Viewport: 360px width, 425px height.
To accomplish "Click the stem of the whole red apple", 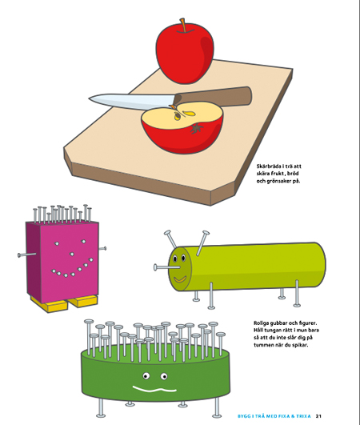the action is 183,25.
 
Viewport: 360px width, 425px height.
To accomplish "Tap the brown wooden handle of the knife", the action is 214,97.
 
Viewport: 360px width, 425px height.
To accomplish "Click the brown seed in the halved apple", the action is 178,116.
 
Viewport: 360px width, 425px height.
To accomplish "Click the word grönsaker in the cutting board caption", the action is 278,181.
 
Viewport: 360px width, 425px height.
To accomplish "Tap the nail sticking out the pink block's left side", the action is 27,255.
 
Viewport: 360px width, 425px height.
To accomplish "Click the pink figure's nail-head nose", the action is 72,254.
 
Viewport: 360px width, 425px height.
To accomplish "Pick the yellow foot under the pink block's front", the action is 58,305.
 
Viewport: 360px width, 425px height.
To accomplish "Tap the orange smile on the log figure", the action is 179,279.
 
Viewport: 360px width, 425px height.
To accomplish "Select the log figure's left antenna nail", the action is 170,239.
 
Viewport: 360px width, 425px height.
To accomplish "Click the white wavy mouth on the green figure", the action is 154,390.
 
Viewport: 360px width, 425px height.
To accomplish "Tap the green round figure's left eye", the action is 146,375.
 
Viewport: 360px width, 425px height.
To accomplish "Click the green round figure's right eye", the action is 164,376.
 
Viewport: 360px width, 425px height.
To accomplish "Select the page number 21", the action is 318,416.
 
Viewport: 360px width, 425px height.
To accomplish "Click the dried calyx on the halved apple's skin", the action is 197,128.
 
